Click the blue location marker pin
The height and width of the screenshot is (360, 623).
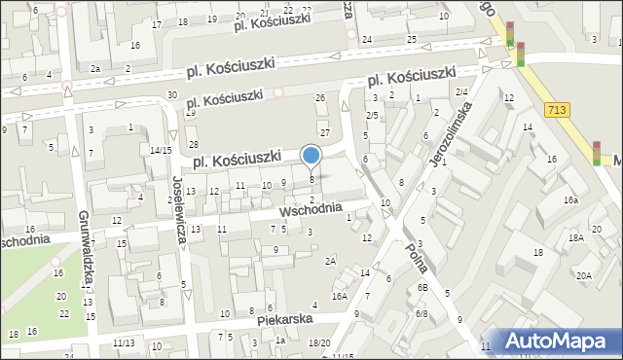(311, 156)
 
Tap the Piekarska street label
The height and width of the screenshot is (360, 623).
(284, 318)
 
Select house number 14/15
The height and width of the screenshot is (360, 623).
(161, 150)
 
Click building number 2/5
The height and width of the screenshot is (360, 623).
(372, 115)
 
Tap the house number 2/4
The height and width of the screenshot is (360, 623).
(461, 91)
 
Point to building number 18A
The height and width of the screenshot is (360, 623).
(575, 237)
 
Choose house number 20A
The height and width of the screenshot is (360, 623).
(582, 276)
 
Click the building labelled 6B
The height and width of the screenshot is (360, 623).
(422, 288)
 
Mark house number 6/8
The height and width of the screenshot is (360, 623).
(421, 313)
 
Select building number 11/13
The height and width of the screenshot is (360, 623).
(124, 342)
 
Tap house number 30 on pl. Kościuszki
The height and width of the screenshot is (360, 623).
(171, 94)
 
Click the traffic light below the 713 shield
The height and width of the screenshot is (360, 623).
(597, 153)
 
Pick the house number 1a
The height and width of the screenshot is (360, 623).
(280, 340)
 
